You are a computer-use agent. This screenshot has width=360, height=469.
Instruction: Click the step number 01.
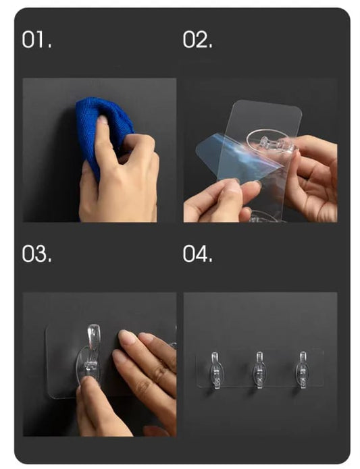[x=36, y=40]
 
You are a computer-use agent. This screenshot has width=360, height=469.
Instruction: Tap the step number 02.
[x=197, y=40]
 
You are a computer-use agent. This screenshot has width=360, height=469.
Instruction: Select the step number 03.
[x=37, y=254]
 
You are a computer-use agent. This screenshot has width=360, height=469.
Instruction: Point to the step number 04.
[x=198, y=254]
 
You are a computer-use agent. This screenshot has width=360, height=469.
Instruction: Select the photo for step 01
[x=100, y=150]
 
